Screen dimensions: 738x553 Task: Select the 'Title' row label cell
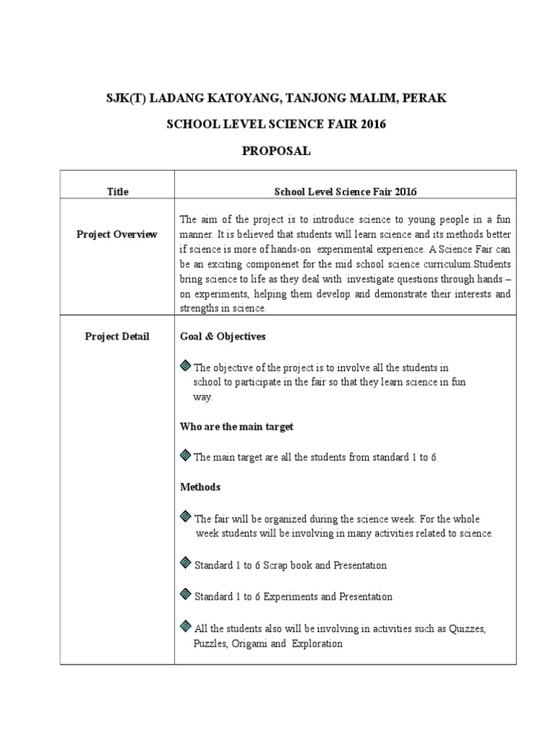pos(117,192)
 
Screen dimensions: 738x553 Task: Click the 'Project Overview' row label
pos(117,234)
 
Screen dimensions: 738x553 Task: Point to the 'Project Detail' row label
pos(117,337)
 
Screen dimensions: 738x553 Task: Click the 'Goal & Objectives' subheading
pos(222,337)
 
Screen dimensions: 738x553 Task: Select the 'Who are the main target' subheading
pos(236,427)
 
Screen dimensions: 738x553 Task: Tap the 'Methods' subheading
pos(200,487)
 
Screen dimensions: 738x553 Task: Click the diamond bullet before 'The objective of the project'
pos(185,366)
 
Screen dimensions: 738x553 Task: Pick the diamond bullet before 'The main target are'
pos(185,456)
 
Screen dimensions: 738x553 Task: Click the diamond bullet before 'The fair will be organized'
pos(185,517)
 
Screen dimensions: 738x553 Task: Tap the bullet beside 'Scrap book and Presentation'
pos(185,564)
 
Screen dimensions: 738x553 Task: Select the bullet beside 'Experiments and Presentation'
pos(185,595)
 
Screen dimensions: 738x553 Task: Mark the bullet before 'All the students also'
pos(185,627)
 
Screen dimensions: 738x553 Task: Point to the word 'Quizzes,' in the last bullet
pos(468,628)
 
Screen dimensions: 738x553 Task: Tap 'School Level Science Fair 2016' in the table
pos(346,192)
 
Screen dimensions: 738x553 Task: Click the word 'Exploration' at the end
pos(317,644)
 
